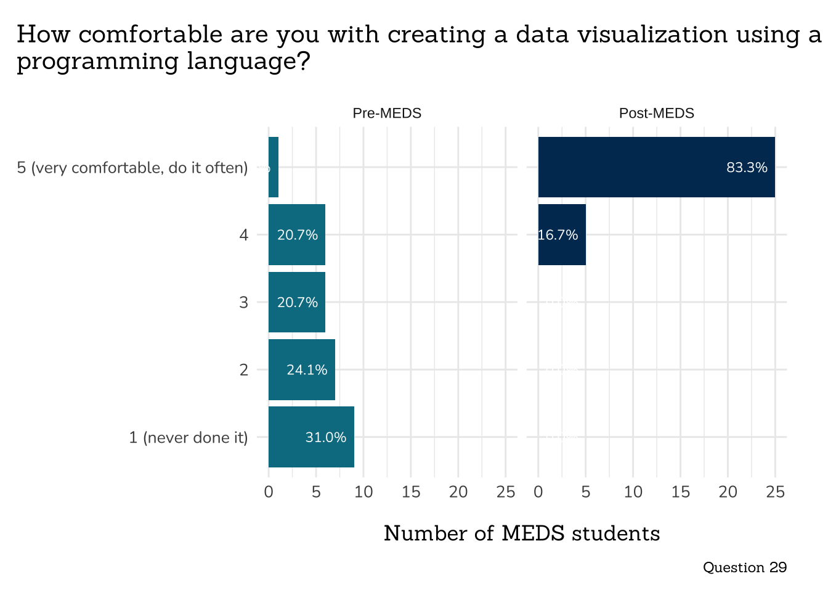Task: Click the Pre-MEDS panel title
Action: pos(387,113)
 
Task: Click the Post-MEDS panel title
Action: pos(656,113)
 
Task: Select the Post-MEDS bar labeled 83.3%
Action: pos(656,167)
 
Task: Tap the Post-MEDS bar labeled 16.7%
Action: pos(562,234)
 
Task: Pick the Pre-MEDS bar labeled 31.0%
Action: pos(311,437)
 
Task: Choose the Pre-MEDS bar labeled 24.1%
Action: pos(302,369)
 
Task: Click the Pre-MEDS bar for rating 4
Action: pos(297,234)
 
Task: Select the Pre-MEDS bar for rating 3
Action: pos(297,302)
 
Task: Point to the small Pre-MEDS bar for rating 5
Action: pos(274,167)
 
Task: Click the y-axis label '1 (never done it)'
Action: pos(188,437)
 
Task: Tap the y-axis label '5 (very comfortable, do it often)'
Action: pos(132,168)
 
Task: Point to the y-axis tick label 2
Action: pos(244,370)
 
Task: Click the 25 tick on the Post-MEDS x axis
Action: pos(775,492)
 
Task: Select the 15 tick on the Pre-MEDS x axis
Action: pos(411,492)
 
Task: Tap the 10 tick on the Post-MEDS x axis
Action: pos(633,492)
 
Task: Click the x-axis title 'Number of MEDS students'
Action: pos(522,533)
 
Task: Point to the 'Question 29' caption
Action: pos(744,567)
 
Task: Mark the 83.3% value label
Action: pos(747,167)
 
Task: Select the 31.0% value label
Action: pos(325,437)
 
